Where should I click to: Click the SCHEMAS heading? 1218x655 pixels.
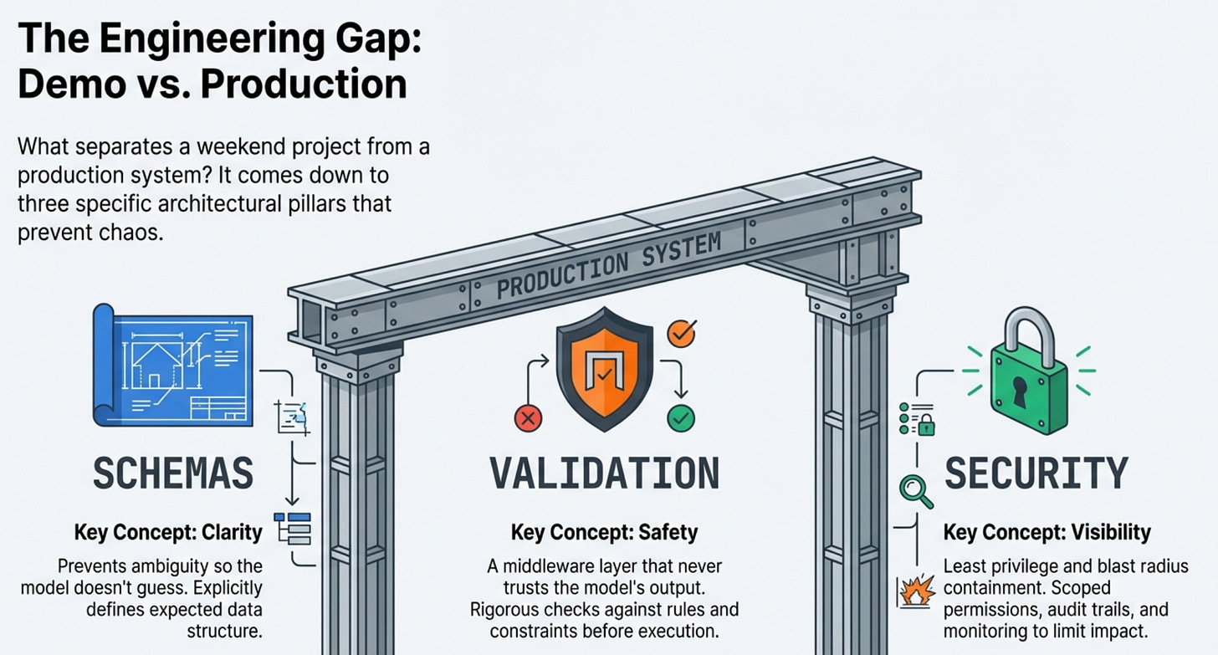coord(173,474)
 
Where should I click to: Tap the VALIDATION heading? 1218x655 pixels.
coord(604,474)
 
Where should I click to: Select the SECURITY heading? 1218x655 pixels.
coord(1036,474)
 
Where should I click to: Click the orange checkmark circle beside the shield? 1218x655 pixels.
coord(681,333)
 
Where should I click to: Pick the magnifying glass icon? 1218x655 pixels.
coord(915,490)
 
